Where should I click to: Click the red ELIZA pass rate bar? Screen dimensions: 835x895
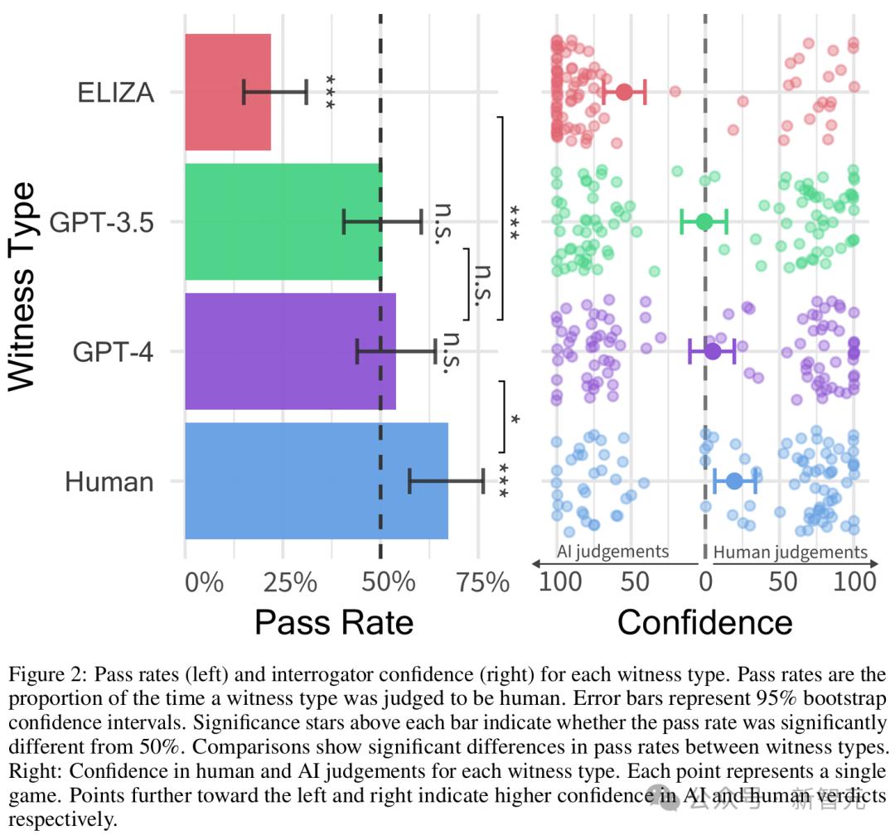pyautogui.click(x=228, y=92)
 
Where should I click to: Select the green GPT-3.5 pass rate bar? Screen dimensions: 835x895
pyautogui.click(x=282, y=222)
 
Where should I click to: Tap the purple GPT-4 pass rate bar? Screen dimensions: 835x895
pyautogui.click(x=290, y=351)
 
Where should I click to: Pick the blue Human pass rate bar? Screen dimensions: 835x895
pyautogui.click(x=315, y=480)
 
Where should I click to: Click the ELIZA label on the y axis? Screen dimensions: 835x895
pyautogui.click(x=116, y=92)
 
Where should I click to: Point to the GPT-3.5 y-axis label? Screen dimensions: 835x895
pyautogui.click(x=102, y=222)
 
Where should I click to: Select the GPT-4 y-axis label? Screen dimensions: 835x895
pyautogui.click(x=114, y=351)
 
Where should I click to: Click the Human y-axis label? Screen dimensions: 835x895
pyautogui.click(x=109, y=480)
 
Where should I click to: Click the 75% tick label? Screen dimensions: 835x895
pyautogui.click(x=480, y=582)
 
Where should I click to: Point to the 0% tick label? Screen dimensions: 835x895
pyautogui.click(x=204, y=582)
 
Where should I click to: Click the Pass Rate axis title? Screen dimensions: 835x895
pyautogui.click(x=333, y=621)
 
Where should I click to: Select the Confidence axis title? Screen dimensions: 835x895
pyautogui.click(x=704, y=621)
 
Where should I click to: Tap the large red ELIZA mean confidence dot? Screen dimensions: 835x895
pyautogui.click(x=624, y=92)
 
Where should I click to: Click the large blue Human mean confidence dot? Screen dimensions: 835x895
pyautogui.click(x=734, y=480)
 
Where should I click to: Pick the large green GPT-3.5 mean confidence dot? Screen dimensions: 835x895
pyautogui.click(x=704, y=222)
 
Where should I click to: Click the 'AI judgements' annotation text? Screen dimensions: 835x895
pyautogui.click(x=612, y=552)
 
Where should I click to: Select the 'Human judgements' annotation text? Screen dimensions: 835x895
pyautogui.click(x=790, y=552)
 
